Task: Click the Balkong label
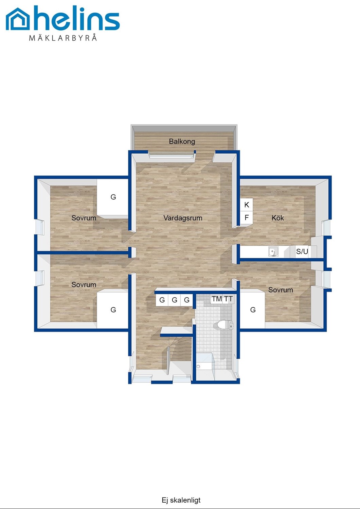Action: tap(182, 142)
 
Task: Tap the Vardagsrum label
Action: tap(183, 218)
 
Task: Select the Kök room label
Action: tap(278, 218)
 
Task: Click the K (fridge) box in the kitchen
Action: tap(247, 205)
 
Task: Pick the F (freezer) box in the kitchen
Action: tap(247, 218)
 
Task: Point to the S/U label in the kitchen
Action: tap(302, 251)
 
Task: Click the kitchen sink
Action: tap(273, 251)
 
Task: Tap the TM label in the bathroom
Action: tap(217, 299)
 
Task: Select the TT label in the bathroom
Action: tap(228, 299)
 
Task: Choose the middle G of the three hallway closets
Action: tap(175, 300)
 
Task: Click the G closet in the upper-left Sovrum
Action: tap(113, 197)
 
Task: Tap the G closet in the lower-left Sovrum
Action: tap(113, 310)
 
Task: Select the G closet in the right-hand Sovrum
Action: tap(253, 310)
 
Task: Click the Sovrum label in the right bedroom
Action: tap(281, 290)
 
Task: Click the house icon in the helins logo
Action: tap(18, 19)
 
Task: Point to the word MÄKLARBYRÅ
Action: tap(63, 37)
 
